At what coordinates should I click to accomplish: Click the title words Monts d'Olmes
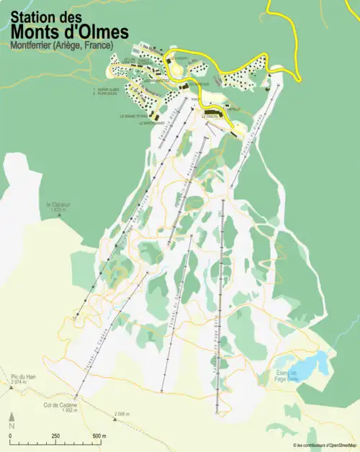click(70, 32)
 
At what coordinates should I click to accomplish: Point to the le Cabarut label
click(58, 204)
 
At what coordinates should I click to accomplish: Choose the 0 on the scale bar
click(11, 436)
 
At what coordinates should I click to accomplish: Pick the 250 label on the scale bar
click(55, 436)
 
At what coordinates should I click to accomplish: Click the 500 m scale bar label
click(99, 436)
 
